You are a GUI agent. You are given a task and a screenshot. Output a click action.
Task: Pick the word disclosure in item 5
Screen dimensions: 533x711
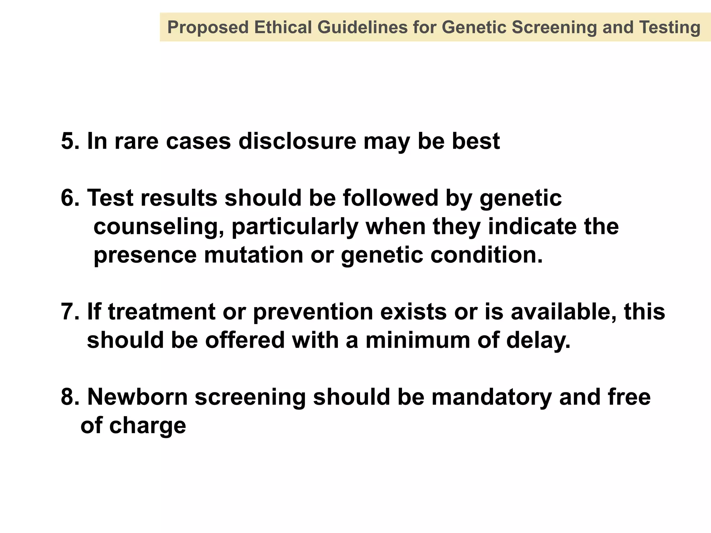(x=297, y=141)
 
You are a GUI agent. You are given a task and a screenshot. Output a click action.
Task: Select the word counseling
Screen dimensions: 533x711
(x=158, y=227)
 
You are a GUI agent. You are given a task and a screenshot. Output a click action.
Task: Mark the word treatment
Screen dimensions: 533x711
(x=162, y=312)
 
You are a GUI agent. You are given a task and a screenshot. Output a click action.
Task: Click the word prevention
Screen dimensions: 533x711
(x=313, y=312)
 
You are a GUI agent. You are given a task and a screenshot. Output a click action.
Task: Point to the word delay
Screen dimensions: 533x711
(x=538, y=340)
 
